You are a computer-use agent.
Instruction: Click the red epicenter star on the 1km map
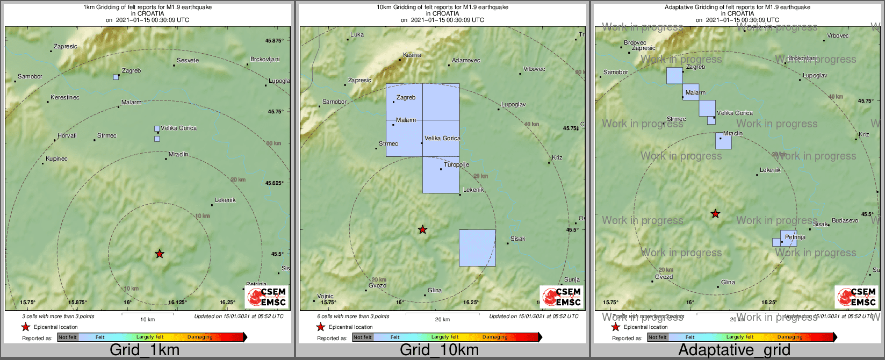(160, 254)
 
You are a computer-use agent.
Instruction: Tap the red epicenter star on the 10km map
(423, 230)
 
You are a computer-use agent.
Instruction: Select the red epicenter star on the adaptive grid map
(715, 214)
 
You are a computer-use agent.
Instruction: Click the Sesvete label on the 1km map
(188, 60)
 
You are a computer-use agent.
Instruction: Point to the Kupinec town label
(56, 159)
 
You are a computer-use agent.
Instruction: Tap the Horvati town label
(67, 135)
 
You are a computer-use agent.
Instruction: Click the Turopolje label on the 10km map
(456, 164)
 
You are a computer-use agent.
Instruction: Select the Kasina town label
(412, 55)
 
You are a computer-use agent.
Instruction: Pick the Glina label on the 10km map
(435, 290)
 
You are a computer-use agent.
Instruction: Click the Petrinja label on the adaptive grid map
(795, 237)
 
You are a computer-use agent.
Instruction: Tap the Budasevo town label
(845, 220)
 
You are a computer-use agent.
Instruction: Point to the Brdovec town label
(635, 42)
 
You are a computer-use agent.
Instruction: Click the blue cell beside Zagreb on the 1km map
(116, 77)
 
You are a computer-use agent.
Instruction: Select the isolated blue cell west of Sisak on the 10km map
(477, 248)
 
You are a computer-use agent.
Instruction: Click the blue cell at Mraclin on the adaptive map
(723, 141)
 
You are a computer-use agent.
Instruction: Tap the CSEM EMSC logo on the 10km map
(562, 297)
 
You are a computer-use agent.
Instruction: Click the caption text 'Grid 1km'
(144, 350)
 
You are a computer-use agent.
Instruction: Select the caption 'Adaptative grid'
(734, 350)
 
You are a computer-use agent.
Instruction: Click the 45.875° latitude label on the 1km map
(274, 40)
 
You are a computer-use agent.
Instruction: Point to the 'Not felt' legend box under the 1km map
(68, 337)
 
